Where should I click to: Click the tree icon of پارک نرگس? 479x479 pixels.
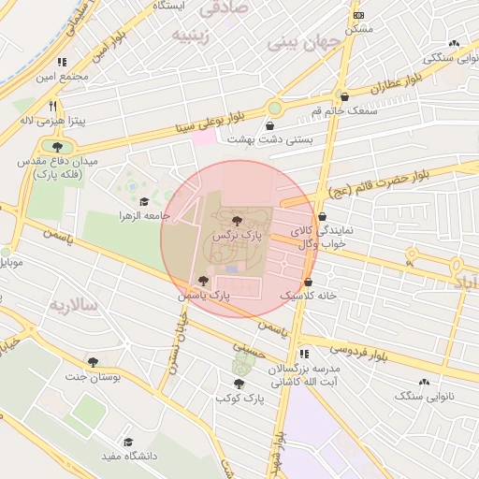[x=236, y=221]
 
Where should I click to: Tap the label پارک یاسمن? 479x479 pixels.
[x=207, y=295]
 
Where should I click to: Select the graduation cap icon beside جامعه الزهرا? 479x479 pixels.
[x=144, y=202]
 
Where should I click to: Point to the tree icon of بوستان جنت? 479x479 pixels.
[x=92, y=362]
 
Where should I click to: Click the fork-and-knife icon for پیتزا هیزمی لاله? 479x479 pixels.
[x=53, y=106]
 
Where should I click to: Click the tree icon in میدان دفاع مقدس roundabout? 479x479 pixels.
[x=58, y=147]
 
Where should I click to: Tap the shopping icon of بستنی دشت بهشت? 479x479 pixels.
[x=270, y=125]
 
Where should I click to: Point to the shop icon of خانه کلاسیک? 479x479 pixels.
[x=307, y=282]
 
